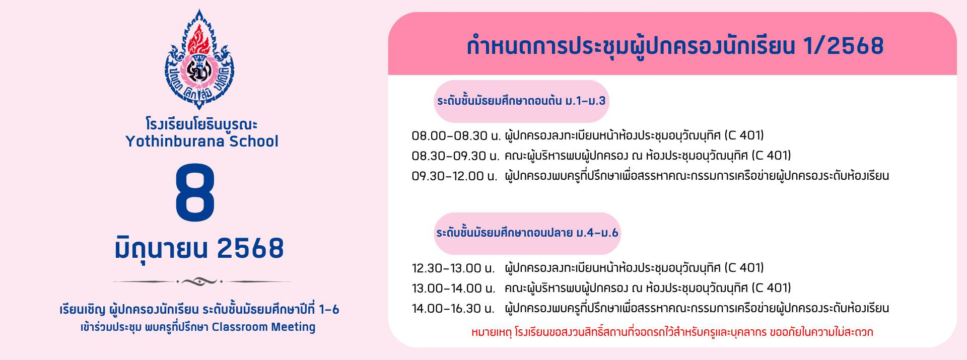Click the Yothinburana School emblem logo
(x=200, y=59)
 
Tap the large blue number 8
(x=195, y=193)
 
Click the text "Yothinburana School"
(x=201, y=141)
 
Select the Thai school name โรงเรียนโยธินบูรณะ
(x=201, y=124)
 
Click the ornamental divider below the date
(x=200, y=281)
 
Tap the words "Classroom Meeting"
(x=263, y=327)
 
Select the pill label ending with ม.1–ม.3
(x=521, y=101)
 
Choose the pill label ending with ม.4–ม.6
(x=527, y=233)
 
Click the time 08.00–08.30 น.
(x=456, y=136)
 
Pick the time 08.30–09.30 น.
(x=456, y=156)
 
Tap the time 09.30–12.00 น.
(x=455, y=176)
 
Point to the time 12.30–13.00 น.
(x=453, y=268)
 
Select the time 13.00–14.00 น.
(x=454, y=289)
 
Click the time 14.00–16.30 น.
(x=453, y=309)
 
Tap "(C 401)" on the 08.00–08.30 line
(x=744, y=135)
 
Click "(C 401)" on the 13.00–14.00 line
(x=771, y=288)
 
